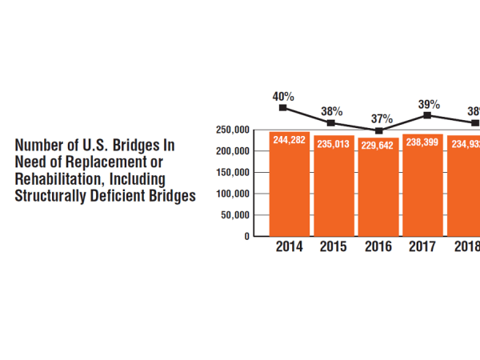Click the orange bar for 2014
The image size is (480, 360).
pos(289,186)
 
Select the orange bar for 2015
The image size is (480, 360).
pos(334,188)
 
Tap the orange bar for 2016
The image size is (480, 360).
pos(378,190)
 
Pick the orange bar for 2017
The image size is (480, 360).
pos(423,186)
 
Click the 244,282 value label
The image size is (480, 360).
pos(289,140)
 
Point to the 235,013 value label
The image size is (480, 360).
pos(334,144)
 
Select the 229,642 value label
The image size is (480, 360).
pos(378,146)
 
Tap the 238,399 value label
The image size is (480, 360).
pos(423,142)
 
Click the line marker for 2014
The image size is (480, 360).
pos(283,107)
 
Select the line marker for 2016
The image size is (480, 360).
pos(379,130)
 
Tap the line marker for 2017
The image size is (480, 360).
pos(428,115)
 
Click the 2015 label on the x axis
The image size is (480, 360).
pos(334,247)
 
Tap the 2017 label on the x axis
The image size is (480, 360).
pos(423,247)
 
